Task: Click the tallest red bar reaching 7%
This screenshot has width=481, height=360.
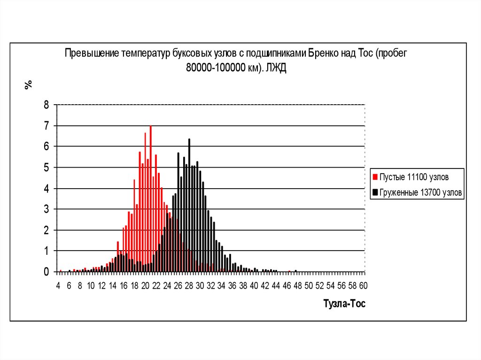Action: [150, 197]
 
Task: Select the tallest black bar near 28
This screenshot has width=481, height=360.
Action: [189, 207]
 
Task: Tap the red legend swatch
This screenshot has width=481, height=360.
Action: [375, 178]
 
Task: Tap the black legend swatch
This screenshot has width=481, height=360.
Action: [375, 192]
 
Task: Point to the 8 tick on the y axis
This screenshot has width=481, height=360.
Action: [46, 105]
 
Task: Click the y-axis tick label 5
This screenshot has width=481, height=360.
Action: [46, 168]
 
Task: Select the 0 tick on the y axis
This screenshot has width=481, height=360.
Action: [46, 272]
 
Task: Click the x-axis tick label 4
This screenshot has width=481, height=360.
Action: [58, 285]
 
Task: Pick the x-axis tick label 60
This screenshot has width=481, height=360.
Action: [363, 285]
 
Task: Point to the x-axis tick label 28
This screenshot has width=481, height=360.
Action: [189, 285]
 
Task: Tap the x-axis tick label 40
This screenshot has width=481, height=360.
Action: [254, 285]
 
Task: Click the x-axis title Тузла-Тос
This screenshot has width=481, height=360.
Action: [344, 304]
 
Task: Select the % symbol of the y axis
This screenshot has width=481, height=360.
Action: [29, 84]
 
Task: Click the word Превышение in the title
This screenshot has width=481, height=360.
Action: [91, 53]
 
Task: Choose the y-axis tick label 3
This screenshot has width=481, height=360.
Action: [46, 209]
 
